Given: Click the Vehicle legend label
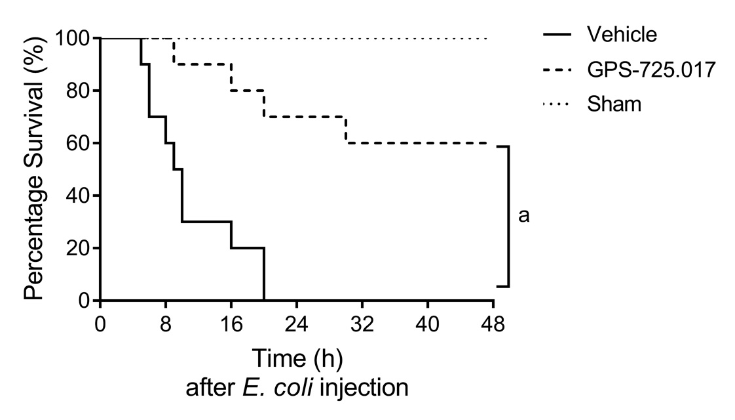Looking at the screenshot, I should [622, 34].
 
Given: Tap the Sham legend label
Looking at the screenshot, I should [614, 104].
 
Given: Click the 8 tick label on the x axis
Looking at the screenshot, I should [166, 325].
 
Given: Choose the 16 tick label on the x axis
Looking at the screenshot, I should [231, 325].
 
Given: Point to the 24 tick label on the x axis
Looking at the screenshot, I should [297, 325].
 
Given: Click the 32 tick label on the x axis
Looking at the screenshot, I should [362, 325].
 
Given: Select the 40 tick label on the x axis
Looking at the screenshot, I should [428, 325].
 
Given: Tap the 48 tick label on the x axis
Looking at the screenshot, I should [493, 325].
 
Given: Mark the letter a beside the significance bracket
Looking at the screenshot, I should [523, 215].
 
